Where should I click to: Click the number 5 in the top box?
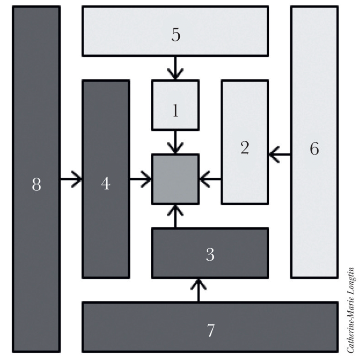point(175,35)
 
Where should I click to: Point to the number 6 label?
point(314,149)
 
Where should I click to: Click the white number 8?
point(36,185)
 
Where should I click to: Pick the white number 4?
point(106,184)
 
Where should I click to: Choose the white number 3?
point(210,255)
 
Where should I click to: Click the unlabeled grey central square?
point(175,179)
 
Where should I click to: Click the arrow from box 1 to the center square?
point(175,142)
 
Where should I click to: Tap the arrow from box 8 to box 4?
point(71,178)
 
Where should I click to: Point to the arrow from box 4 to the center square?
point(140,178)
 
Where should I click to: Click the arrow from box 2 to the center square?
point(210,178)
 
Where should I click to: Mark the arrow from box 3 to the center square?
point(175,216)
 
